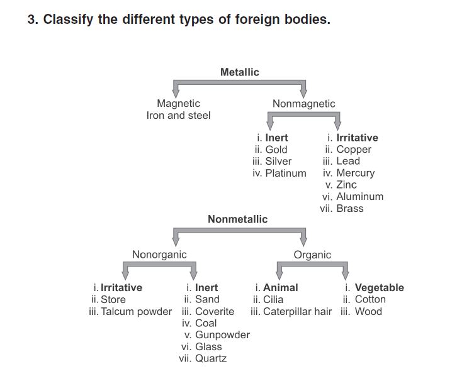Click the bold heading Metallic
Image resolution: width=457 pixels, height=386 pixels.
[240, 72]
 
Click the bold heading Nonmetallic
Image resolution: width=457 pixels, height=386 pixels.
[237, 219]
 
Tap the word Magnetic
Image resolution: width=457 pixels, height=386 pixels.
[178, 104]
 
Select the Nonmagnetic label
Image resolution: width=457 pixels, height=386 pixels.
[303, 104]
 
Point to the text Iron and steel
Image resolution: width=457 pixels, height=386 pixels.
[178, 115]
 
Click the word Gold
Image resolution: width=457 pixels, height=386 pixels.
[276, 150]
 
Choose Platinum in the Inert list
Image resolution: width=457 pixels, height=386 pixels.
[286, 173]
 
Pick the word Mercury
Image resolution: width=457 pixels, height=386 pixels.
[355, 174]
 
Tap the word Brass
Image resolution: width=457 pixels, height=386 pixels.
[350, 209]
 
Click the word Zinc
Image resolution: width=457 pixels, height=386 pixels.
[347, 185]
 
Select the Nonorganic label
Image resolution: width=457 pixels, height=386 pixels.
[159, 255]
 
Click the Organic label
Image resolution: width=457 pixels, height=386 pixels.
[312, 255]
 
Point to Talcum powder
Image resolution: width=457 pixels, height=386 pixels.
[137, 311]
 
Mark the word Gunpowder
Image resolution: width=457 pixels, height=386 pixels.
[222, 335]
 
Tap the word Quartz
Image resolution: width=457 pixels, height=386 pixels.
[211, 358]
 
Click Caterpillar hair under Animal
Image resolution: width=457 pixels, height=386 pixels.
[297, 311]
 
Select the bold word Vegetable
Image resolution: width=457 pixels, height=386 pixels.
[380, 288]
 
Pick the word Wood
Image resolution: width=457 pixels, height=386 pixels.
[368, 311]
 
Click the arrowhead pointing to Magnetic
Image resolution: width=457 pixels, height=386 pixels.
[176, 94]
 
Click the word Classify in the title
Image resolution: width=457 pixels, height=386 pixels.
[68, 19]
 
